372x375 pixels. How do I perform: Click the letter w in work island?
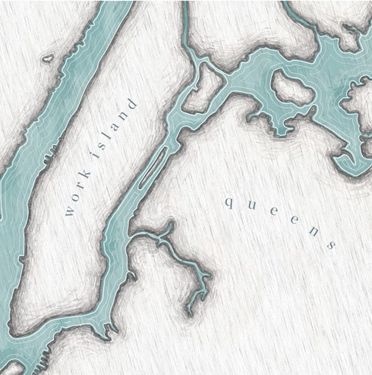[71, 212]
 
